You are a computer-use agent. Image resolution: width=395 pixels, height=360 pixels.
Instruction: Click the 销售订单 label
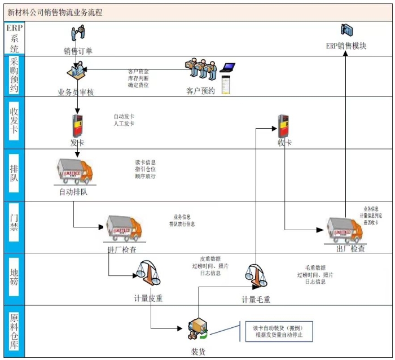point(78,51)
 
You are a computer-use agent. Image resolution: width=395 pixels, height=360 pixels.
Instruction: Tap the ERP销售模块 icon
point(346,30)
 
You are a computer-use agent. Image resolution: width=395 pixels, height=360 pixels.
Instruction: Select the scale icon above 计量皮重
point(148,276)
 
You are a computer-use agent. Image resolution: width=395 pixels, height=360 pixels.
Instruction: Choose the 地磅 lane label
point(15,279)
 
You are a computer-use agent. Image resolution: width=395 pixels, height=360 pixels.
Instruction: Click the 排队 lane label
point(15,175)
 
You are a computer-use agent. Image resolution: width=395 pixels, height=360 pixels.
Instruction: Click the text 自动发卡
point(124,116)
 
